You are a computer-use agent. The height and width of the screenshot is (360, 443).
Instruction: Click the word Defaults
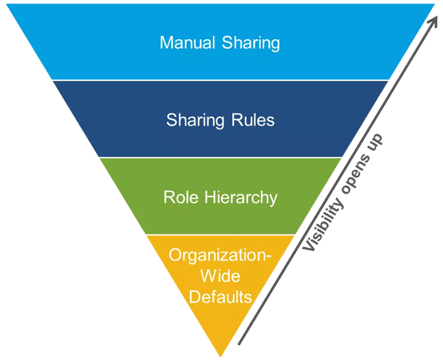pyautogui.click(x=220, y=297)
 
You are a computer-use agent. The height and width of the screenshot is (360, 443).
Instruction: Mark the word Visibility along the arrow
pyautogui.click(x=323, y=224)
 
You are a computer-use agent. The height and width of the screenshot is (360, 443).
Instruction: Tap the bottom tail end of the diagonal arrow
pyautogui.click(x=239, y=345)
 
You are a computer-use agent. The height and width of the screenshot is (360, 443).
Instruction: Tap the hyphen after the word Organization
pyautogui.click(x=269, y=256)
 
